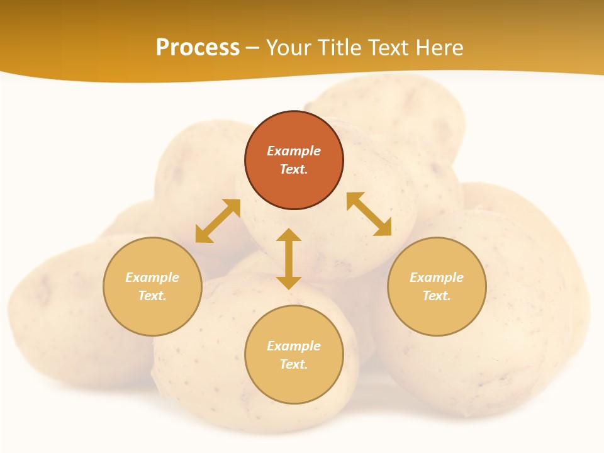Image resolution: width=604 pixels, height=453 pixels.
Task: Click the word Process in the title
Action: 198,48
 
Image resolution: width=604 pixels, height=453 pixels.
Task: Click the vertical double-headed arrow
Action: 289,259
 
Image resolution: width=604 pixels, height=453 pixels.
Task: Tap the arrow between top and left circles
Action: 218,221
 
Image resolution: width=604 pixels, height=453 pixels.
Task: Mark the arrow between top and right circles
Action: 369,214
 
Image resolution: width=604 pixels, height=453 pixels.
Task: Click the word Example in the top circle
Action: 294,151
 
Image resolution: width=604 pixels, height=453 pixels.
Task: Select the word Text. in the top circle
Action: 294,169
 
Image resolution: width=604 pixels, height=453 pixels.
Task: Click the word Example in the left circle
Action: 152,277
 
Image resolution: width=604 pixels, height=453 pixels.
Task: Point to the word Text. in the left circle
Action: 152,296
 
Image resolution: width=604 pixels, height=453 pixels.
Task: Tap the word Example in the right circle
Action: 437,277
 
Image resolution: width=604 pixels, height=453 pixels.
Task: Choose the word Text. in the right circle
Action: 437,296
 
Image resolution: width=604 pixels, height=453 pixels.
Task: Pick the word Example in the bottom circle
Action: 294,346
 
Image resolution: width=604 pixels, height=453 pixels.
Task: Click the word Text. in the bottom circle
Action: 294,364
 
